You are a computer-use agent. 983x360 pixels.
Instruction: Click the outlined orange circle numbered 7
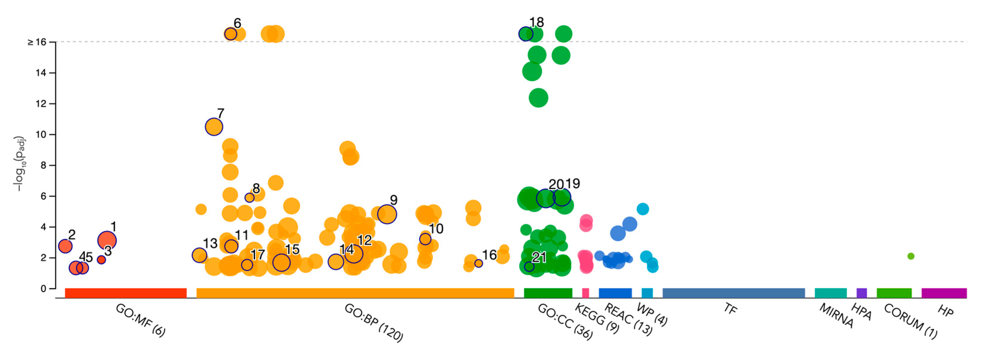point(214,127)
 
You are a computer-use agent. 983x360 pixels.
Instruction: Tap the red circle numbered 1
point(107,240)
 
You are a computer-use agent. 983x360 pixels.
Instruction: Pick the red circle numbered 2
point(65,246)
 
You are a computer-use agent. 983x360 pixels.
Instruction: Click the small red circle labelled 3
point(101,259)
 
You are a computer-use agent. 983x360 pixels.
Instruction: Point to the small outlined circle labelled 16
point(478,263)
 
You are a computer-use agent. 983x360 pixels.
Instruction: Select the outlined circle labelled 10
point(425,239)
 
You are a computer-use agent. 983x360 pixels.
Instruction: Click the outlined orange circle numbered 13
point(199,255)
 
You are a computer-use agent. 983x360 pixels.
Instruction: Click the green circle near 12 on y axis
point(538,98)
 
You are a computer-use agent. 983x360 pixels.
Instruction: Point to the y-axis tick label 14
point(40,73)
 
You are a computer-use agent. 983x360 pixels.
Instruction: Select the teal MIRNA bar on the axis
point(830,293)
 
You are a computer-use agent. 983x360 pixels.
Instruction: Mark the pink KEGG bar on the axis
point(585,293)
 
